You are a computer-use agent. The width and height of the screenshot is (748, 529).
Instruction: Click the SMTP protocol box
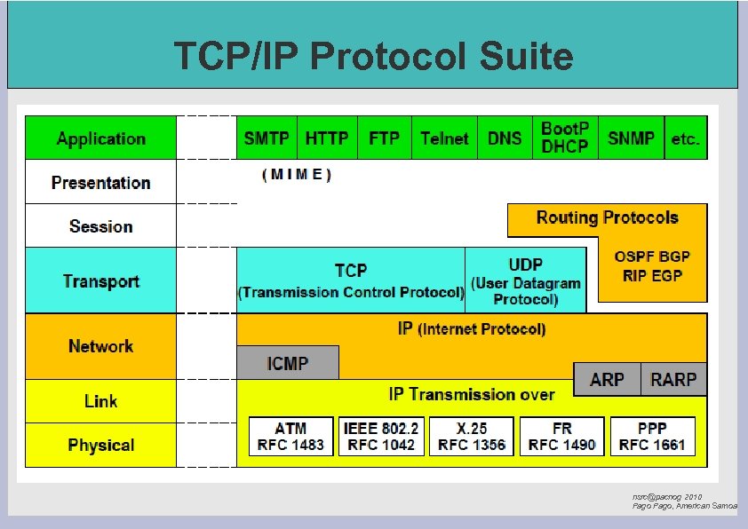click(267, 138)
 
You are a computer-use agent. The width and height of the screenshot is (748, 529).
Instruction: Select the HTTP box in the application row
click(327, 138)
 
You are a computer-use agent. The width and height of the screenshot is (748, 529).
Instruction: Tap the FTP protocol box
click(384, 138)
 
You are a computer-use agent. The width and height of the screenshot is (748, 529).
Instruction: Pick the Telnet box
click(444, 138)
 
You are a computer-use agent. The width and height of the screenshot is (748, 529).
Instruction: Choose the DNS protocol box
click(505, 138)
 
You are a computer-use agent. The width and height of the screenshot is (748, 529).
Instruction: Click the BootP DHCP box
click(565, 138)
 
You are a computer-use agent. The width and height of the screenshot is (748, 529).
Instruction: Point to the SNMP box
click(631, 138)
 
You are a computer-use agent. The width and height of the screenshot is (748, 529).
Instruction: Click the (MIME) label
click(297, 175)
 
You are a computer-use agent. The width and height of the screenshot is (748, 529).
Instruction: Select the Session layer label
click(100, 226)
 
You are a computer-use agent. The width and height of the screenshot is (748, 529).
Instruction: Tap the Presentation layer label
click(100, 183)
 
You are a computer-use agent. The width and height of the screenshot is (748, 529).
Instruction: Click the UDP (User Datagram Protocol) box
click(526, 280)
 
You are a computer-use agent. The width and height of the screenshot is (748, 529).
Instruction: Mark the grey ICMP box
click(288, 363)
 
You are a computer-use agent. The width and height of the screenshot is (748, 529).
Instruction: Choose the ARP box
click(607, 380)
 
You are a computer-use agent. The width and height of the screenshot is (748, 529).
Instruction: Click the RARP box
click(673, 380)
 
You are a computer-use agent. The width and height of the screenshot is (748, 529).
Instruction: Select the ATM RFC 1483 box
click(290, 437)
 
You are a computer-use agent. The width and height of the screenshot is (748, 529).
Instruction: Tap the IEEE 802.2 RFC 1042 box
click(381, 437)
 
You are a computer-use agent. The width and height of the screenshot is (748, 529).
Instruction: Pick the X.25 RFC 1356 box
click(472, 437)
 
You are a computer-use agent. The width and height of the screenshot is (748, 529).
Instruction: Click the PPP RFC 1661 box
click(652, 437)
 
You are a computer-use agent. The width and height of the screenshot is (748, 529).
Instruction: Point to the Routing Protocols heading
click(607, 218)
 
